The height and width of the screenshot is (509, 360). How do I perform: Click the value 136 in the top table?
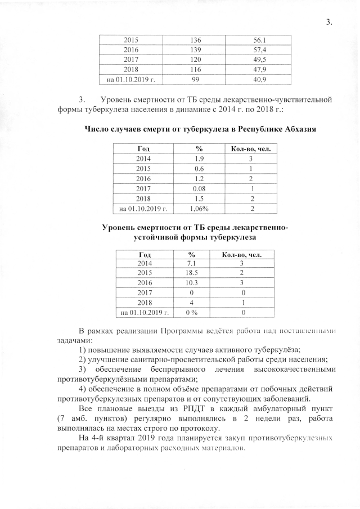(x=196, y=40)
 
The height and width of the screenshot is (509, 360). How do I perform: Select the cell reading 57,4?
(x=259, y=49)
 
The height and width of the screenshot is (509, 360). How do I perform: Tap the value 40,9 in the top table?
(x=259, y=79)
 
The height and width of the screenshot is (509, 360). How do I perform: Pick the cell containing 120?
(x=196, y=59)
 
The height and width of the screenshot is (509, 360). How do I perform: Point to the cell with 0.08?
(x=199, y=189)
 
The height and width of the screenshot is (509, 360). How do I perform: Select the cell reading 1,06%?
(x=199, y=209)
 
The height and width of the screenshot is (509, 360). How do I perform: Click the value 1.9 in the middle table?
(x=199, y=159)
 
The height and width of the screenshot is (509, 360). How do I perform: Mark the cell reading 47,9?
(x=259, y=69)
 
